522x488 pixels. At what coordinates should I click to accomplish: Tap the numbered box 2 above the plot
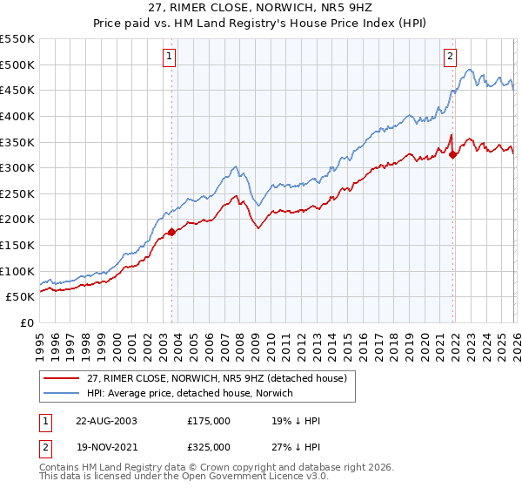coord(450,58)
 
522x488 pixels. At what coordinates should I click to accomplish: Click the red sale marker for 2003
coord(171,232)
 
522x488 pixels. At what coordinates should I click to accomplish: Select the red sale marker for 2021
coord(453,155)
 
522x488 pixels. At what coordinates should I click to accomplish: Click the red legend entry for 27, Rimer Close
coord(217,378)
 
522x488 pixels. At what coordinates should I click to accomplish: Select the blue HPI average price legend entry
coord(191,393)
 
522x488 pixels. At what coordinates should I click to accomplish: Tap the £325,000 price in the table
coord(209,445)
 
